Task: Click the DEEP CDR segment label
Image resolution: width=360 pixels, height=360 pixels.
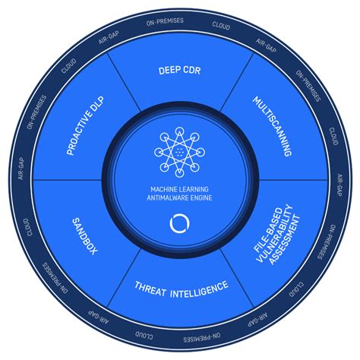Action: [x=179, y=71]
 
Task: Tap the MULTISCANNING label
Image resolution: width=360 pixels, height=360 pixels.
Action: [x=273, y=126]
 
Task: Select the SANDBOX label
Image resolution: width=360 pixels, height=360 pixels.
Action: [x=84, y=236]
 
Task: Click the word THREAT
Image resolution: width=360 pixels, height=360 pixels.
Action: [x=150, y=289]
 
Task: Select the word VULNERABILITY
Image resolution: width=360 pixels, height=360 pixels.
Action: [x=275, y=233]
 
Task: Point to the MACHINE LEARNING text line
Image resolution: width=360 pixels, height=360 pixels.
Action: [x=179, y=189]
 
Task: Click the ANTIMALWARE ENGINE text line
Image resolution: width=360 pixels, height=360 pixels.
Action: [x=179, y=197]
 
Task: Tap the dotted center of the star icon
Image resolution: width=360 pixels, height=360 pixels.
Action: [x=179, y=152]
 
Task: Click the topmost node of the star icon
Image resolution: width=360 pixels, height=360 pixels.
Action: [x=179, y=131]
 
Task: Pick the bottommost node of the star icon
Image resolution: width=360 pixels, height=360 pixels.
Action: [x=179, y=172]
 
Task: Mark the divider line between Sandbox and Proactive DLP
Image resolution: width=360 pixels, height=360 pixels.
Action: [x=68, y=180]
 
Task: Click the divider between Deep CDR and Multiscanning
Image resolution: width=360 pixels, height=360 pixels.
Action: [x=237, y=82]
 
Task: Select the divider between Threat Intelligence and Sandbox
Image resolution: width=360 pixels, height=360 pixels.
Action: [x=123, y=278]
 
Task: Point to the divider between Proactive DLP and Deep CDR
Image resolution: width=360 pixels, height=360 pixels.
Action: [x=123, y=82]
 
